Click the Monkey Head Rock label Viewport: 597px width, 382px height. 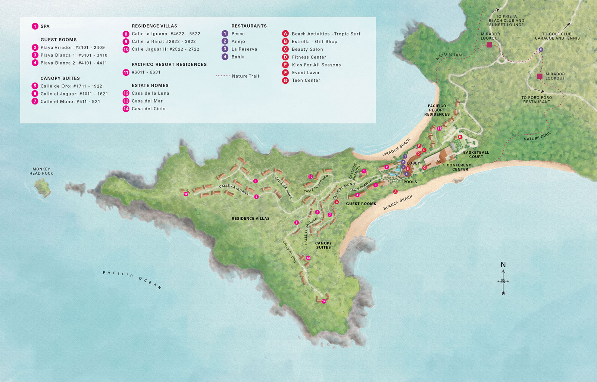tap(41, 171)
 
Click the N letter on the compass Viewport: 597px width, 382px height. tap(503, 265)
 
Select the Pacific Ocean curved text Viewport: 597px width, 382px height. tap(132, 279)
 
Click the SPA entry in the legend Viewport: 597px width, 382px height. tap(45, 26)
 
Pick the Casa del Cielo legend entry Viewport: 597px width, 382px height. tap(148, 109)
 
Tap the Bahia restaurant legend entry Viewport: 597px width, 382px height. tap(238, 57)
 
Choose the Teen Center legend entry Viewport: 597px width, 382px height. tap(306, 80)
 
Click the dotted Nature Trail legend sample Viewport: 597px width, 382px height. tap(223, 76)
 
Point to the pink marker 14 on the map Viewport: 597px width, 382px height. tap(324, 301)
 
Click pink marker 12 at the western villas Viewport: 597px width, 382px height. tap(186, 194)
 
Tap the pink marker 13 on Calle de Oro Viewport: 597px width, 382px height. tap(308, 258)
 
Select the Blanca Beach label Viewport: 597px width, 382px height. tap(398, 203)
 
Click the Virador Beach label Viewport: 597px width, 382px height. tap(396, 147)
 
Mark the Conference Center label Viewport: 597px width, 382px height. tap(460, 167)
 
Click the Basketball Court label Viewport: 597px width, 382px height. tap(476, 154)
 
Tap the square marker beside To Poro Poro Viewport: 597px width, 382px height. tap(540, 76)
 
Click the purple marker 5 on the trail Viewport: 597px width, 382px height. tap(541, 50)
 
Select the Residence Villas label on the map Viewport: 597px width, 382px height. tap(250, 219)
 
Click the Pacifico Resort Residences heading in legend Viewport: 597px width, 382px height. tap(169, 65)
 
